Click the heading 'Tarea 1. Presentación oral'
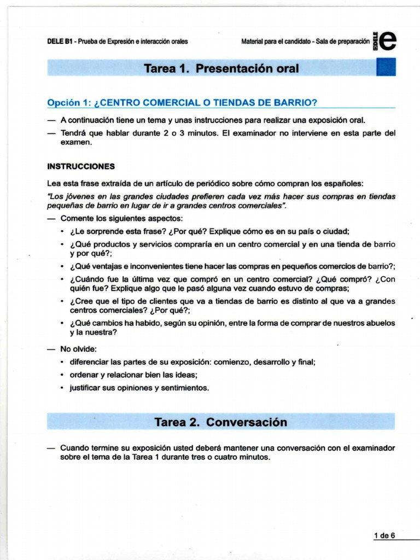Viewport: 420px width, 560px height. pos(221,68)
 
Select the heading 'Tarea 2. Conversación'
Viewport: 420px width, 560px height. pos(220,422)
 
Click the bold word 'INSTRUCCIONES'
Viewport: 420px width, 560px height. pos(81,166)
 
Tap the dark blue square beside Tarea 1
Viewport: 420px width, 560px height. pos(386,67)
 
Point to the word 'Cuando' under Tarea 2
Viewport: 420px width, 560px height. pos(73,448)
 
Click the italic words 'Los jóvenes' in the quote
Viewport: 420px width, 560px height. pos(68,196)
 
